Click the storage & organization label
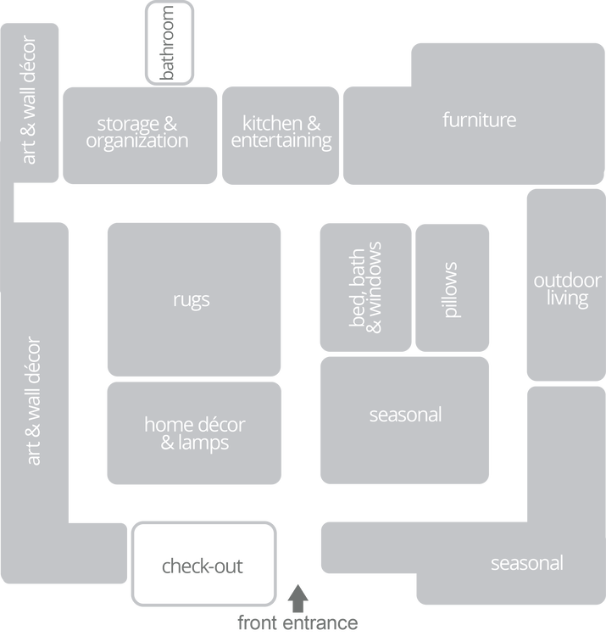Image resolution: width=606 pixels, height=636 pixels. [137, 132]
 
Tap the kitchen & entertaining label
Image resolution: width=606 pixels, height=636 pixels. [281, 132]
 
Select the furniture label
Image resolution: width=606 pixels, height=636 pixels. [479, 120]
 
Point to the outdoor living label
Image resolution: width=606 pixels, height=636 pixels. [567, 289]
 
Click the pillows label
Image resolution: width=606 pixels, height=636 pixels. [451, 289]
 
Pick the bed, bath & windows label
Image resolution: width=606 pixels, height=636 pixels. [366, 286]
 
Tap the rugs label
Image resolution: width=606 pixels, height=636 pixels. [192, 299]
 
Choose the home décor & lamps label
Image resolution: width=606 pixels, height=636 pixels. [194, 432]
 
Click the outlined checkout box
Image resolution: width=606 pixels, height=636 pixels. [203, 565]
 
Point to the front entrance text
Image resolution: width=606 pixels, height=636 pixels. [297, 623]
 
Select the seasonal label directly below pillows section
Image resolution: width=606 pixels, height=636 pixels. [405, 415]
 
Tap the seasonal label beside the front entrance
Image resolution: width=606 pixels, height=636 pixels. [526, 563]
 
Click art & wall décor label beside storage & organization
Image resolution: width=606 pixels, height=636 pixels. [30, 100]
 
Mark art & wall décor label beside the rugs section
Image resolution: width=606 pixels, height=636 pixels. [34, 401]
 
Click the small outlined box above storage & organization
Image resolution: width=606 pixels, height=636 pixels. [168, 42]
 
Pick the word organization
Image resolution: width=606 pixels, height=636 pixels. [137, 142]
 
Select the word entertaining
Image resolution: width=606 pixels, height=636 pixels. [281, 142]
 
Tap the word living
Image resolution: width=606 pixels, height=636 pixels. [567, 298]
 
